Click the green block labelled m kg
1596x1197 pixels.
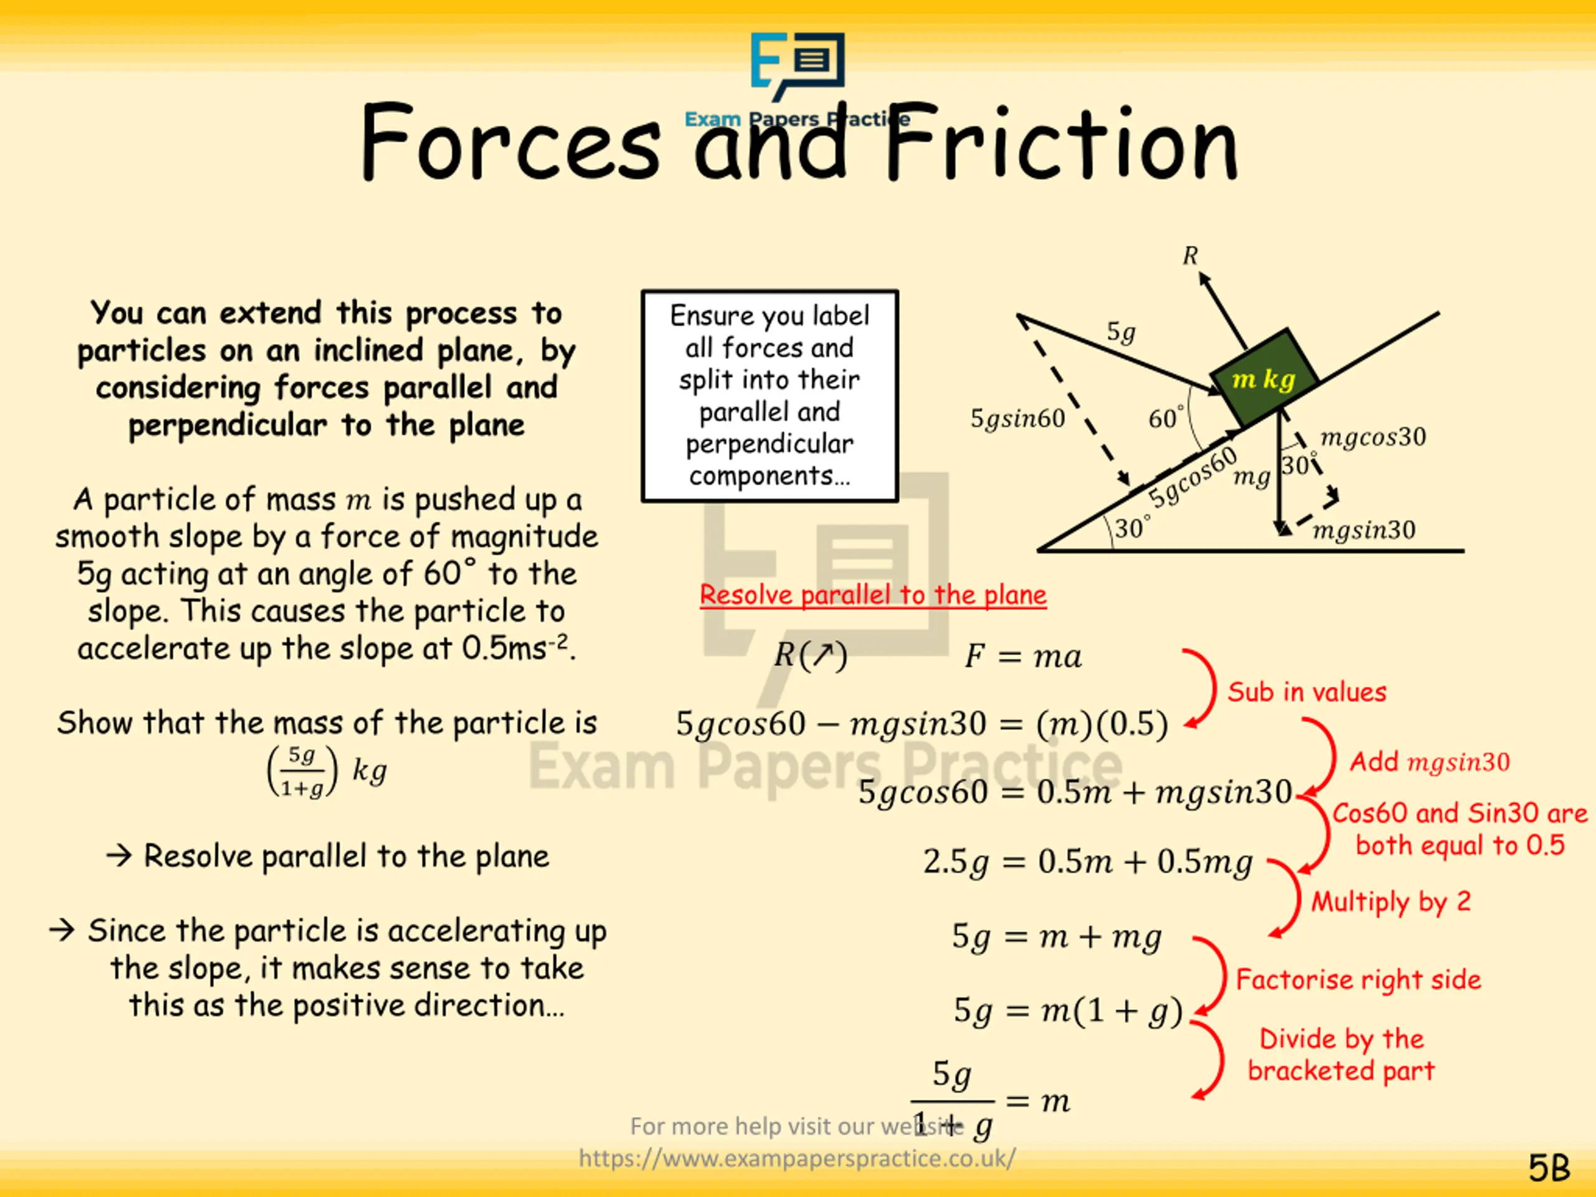coord(1264,378)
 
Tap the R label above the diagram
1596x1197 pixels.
coord(1190,256)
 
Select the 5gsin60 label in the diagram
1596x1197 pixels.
coord(1017,418)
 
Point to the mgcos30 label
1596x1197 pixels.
coord(1372,436)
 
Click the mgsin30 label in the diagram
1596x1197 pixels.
coord(1363,531)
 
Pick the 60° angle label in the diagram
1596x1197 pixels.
coord(1165,418)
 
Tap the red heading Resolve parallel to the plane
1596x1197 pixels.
coord(872,595)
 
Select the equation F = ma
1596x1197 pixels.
coord(1022,656)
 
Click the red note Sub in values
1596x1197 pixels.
coord(1307,692)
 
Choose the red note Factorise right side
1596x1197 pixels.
coord(1358,979)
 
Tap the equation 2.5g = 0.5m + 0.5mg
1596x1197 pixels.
coord(1087,862)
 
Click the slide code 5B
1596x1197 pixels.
coord(1549,1168)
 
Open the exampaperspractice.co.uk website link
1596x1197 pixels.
coord(797,1159)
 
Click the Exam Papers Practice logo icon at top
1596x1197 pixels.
coord(797,65)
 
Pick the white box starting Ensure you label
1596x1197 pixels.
coord(769,395)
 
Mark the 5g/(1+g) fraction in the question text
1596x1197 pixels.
coord(302,771)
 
